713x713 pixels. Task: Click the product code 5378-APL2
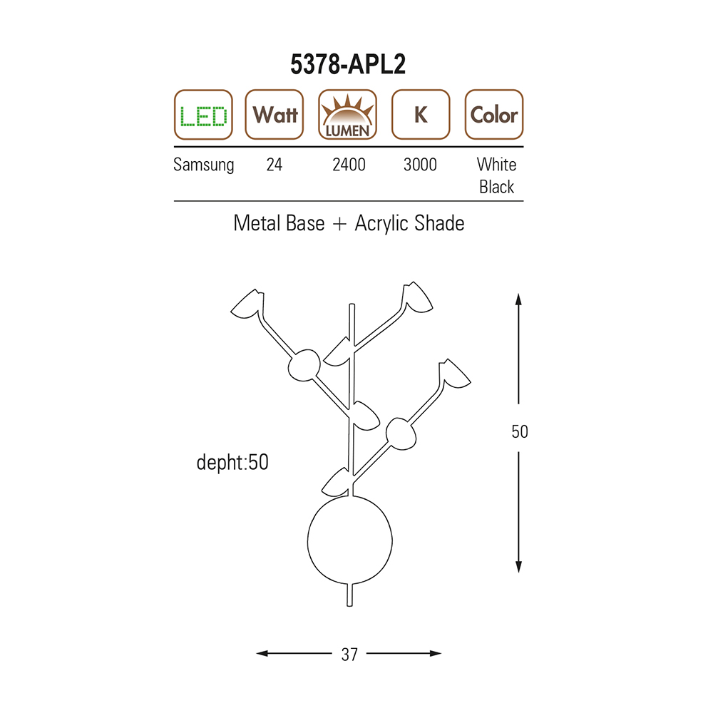coord(348,64)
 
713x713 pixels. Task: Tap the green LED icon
coord(203,115)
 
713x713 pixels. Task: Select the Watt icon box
coord(275,115)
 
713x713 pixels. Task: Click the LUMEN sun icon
coord(347,115)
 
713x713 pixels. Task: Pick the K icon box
coord(421,115)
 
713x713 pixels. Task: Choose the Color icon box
coord(494,115)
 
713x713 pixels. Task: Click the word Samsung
coord(204,165)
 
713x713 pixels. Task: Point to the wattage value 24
coord(275,165)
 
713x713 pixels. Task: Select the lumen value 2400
coord(349,165)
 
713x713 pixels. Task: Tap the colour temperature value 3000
coord(420,165)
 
